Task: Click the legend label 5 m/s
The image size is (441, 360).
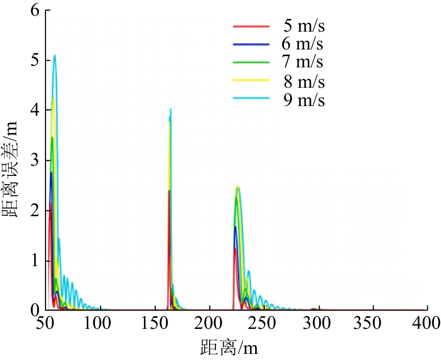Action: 304,25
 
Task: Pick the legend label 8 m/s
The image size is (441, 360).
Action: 304,81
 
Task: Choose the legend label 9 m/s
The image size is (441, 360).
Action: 304,100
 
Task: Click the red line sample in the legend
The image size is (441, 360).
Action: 250,25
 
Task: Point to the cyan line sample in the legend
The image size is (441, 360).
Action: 250,100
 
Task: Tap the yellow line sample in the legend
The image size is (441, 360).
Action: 250,81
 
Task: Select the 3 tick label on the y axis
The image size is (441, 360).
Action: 34,161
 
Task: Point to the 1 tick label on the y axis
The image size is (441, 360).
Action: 34,261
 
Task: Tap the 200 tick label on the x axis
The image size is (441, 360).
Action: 210,323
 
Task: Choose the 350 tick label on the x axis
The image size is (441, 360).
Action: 374,323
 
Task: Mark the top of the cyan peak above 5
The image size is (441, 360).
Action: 55,55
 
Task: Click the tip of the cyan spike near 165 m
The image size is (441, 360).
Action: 170,109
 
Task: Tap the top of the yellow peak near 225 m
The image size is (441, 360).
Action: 236,187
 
